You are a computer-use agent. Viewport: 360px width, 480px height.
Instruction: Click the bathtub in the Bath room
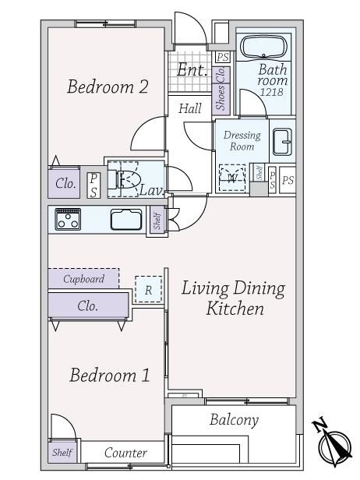263,47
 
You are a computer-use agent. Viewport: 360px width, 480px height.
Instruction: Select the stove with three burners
68,219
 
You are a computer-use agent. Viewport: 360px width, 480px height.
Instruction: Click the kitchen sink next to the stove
126,220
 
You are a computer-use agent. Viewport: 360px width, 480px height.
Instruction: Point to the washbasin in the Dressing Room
282,142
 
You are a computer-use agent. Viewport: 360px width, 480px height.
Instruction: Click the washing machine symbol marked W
233,178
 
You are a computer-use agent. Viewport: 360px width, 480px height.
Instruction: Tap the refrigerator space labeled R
149,290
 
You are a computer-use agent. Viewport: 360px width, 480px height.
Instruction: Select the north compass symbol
333,443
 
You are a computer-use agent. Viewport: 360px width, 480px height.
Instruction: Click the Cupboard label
83,279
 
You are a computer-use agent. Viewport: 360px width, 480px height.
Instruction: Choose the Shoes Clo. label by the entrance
221,89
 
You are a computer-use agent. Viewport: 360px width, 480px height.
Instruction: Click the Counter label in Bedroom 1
125,453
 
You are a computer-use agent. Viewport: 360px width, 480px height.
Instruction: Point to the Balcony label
235,420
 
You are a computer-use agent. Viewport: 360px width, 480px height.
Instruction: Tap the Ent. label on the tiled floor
192,70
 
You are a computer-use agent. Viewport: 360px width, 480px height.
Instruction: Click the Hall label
190,108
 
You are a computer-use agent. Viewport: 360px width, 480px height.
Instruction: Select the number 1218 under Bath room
271,92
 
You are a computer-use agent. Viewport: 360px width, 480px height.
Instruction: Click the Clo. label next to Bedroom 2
65,184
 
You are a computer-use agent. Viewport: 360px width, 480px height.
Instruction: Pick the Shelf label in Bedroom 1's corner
62,452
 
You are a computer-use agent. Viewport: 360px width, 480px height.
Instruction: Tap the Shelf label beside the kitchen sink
157,221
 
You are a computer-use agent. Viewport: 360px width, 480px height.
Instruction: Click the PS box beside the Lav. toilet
94,185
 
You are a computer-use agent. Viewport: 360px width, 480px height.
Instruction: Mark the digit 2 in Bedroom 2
143,86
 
